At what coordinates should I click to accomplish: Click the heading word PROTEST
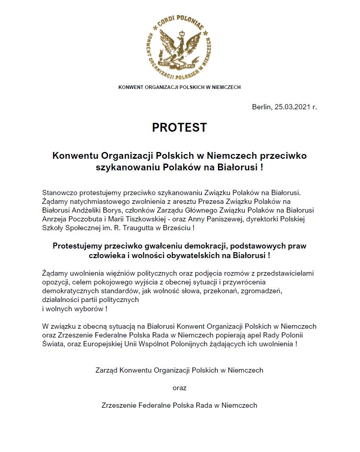179,128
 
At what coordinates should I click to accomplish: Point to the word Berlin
261,107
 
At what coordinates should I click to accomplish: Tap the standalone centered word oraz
179,387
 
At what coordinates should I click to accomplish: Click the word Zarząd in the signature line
106,370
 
